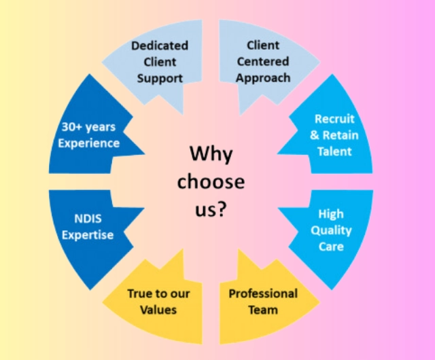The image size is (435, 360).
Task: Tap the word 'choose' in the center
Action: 211,182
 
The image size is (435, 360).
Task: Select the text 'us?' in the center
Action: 211,209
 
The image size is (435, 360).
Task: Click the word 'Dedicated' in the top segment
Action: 160,46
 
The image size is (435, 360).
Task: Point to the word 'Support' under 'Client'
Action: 160,77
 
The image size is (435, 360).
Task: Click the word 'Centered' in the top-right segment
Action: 262,62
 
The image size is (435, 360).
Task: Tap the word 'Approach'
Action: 262,77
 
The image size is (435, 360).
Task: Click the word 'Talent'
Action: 334,151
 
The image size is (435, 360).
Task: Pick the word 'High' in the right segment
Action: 331,214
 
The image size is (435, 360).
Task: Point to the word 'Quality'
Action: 331,230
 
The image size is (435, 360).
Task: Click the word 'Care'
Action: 331,246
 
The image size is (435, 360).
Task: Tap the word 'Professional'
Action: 262,294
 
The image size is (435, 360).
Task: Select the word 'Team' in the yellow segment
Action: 262,310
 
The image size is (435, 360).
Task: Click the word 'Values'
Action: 159,310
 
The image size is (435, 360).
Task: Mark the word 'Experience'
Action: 89,143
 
